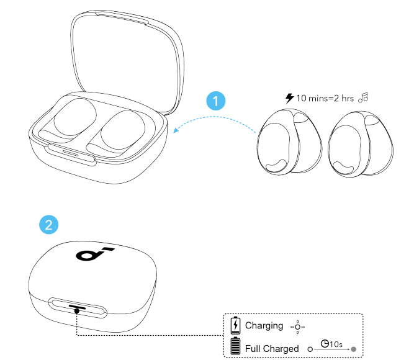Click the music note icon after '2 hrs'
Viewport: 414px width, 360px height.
pyautogui.click(x=364, y=97)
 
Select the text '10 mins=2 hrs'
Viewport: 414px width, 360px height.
pyautogui.click(x=325, y=97)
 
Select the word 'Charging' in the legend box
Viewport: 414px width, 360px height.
pyautogui.click(x=264, y=325)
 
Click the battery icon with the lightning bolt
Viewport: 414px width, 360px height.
pyautogui.click(x=235, y=325)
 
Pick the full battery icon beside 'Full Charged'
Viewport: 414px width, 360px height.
pyautogui.click(x=235, y=346)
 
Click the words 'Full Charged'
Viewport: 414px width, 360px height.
pyautogui.click(x=272, y=348)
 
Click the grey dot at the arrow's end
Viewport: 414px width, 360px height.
pyautogui.click(x=353, y=349)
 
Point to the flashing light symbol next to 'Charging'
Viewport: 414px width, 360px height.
pyautogui.click(x=298, y=326)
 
